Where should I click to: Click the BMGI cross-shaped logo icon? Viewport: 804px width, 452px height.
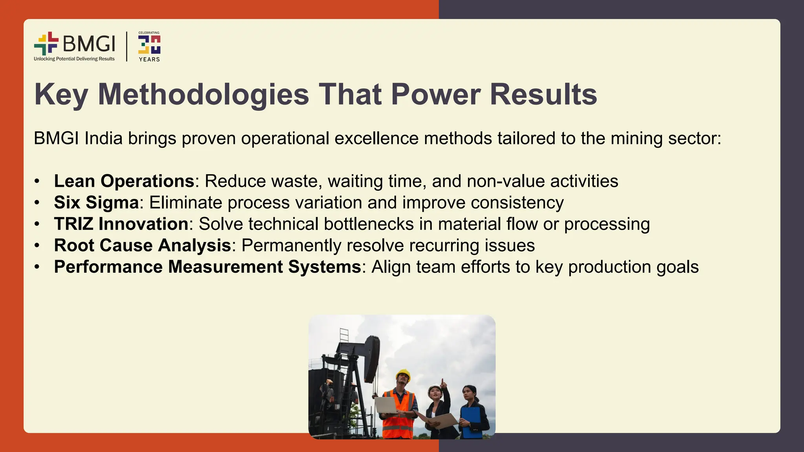coord(46,43)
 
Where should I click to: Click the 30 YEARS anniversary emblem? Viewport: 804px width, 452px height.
coord(149,46)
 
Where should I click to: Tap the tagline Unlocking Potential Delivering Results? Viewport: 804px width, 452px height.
coord(74,59)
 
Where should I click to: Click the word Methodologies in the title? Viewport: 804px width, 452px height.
coord(203,95)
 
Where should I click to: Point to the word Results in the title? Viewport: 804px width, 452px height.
coord(543,95)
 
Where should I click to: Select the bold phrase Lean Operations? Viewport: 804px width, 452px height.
coord(124,181)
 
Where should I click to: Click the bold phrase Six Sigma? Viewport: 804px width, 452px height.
coord(96,203)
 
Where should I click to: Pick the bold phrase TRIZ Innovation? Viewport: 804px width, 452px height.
coord(121,224)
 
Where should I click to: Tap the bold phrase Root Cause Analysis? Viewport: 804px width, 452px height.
coord(143,246)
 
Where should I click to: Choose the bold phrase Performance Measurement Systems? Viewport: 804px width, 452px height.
coord(207,267)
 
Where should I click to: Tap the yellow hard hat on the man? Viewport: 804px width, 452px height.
coord(403,374)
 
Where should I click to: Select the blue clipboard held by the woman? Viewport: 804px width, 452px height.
coord(471,422)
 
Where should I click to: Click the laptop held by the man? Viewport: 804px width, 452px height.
coord(386,405)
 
